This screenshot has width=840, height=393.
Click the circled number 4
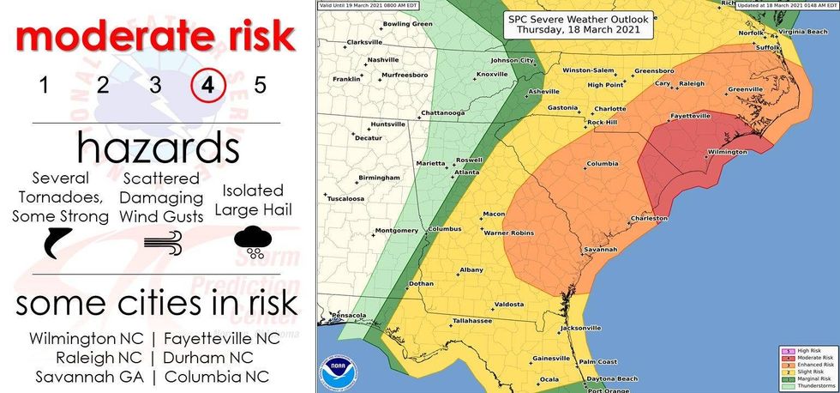click(208, 85)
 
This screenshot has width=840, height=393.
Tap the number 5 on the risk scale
click(261, 85)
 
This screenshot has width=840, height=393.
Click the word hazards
click(158, 148)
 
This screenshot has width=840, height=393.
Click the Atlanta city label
click(466, 172)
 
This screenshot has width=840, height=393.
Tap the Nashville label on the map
click(383, 60)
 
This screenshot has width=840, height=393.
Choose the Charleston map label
click(648, 219)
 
